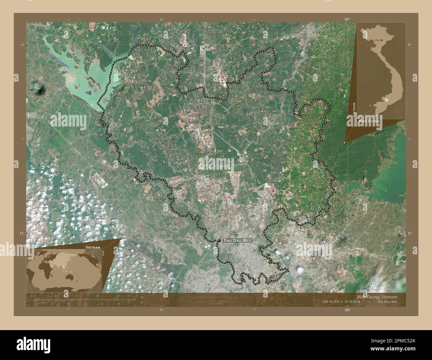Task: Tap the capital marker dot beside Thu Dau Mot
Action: pyautogui.click(x=219, y=240)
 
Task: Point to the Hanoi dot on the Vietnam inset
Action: pyautogui.click(x=381, y=40)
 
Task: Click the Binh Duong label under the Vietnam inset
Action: pyautogui.click(x=369, y=122)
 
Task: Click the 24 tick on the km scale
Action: pyautogui.click(x=118, y=296)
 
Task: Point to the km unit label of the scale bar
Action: pyautogui.click(x=142, y=297)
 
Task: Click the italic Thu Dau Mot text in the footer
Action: pyautogui.click(x=387, y=302)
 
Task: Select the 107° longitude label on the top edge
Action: pyautogui.click(x=347, y=20)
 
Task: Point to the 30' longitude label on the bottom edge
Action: pyautogui.click(x=162, y=310)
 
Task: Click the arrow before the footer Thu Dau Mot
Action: pyautogui.click(x=368, y=302)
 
